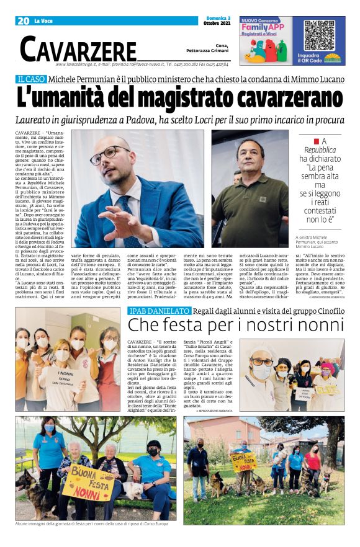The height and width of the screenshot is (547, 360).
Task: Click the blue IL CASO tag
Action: pos(30,79)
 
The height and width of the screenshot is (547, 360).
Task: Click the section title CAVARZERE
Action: pos(78,49)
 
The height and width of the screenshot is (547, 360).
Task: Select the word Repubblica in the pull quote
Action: pos(320,151)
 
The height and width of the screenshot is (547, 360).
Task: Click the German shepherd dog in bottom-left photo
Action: pos(34,486)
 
